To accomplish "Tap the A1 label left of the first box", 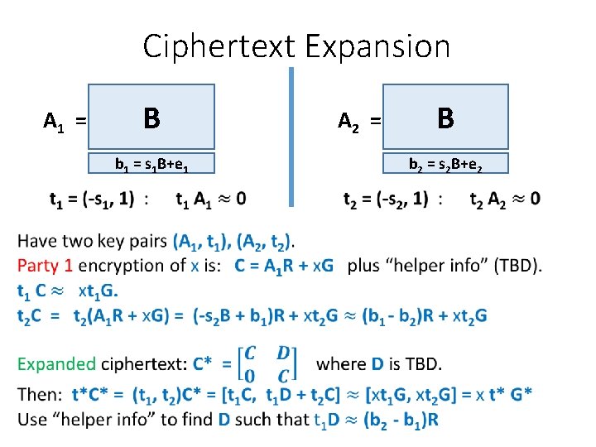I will pos(55,123).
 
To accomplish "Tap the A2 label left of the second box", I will pos(350,123).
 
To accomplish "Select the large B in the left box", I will pos(151,118).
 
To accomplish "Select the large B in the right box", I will pos(445,118).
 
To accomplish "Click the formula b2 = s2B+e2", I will pos(446,165).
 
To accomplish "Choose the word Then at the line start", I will pos(38,395).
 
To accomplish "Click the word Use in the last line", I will pos(32,419).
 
